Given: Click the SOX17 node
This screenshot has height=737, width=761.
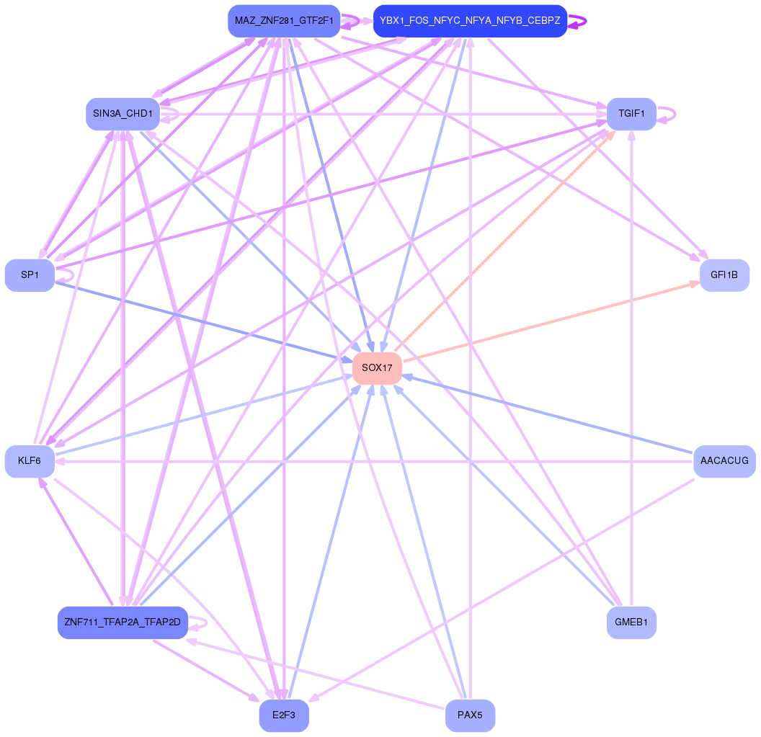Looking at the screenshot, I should [377, 368].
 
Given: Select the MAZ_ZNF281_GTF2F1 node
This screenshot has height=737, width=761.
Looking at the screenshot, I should [284, 21].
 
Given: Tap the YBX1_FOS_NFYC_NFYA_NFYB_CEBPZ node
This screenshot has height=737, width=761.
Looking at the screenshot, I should [470, 21].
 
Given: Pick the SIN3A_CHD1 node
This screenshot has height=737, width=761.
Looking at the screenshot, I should [123, 114].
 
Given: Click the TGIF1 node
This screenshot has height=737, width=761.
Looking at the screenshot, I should [631, 114].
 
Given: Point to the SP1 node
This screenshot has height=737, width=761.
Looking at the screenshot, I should [30, 275].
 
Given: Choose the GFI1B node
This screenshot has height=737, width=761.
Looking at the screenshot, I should [724, 275].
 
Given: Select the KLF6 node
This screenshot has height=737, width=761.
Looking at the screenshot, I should [30, 461].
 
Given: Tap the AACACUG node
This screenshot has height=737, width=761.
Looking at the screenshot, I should [724, 461].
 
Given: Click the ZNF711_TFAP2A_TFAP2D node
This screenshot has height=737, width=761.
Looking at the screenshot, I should [123, 622].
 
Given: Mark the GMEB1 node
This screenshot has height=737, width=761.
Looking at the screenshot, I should [631, 622].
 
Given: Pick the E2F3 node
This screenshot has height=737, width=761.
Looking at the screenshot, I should [284, 716].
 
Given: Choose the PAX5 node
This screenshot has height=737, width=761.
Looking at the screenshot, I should [470, 716].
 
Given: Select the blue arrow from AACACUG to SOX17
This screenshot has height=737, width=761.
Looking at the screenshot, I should [548, 414].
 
